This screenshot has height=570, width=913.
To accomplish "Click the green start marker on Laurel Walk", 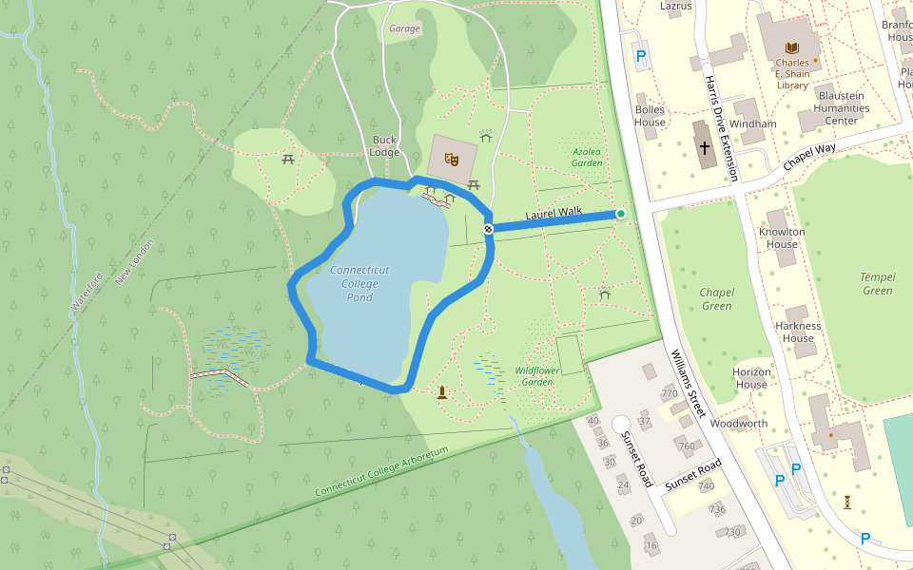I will click(x=621, y=215).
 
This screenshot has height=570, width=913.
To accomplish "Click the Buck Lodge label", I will click(x=384, y=146).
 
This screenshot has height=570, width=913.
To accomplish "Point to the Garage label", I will click(x=404, y=28).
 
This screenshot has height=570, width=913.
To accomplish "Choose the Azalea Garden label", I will click(x=587, y=157).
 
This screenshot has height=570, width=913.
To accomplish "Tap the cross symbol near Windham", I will click(x=705, y=148).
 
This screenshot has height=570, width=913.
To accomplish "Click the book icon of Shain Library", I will click(x=791, y=47).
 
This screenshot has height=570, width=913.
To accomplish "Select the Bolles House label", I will click(x=650, y=116).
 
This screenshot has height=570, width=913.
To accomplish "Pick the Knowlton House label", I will click(x=782, y=237).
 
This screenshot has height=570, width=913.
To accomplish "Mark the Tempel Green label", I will click(x=878, y=284).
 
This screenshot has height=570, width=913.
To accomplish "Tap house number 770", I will click(x=670, y=393).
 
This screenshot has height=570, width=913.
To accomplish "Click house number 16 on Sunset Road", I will click(x=651, y=546).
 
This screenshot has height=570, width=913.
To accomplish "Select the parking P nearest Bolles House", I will click(x=640, y=56).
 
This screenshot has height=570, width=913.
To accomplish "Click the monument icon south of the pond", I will click(x=442, y=391).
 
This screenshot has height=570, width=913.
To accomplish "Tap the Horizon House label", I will click(x=750, y=378).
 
